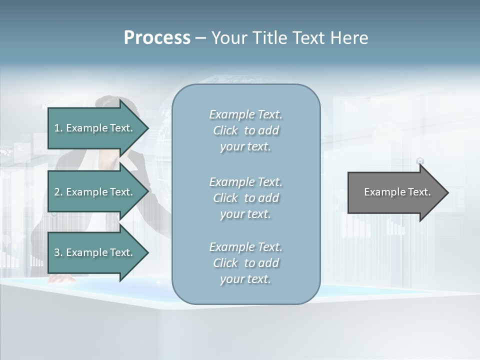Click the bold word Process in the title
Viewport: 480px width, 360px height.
[x=157, y=37]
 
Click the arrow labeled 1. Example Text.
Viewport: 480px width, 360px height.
[x=95, y=128]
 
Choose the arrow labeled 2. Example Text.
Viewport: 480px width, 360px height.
[x=95, y=192]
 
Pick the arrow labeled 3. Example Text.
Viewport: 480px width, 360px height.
[x=95, y=252]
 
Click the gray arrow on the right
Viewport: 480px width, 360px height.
[x=395, y=192]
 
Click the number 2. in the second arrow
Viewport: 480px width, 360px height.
[x=58, y=192]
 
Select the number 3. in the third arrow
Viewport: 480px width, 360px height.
[x=58, y=252]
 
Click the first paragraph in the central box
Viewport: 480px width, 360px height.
[x=245, y=130]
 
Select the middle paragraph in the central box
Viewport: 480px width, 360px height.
[x=245, y=198]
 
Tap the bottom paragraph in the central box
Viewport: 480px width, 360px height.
[x=245, y=263]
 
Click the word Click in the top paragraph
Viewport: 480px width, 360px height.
[x=225, y=130]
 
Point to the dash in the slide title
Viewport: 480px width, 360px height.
[x=200, y=38]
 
